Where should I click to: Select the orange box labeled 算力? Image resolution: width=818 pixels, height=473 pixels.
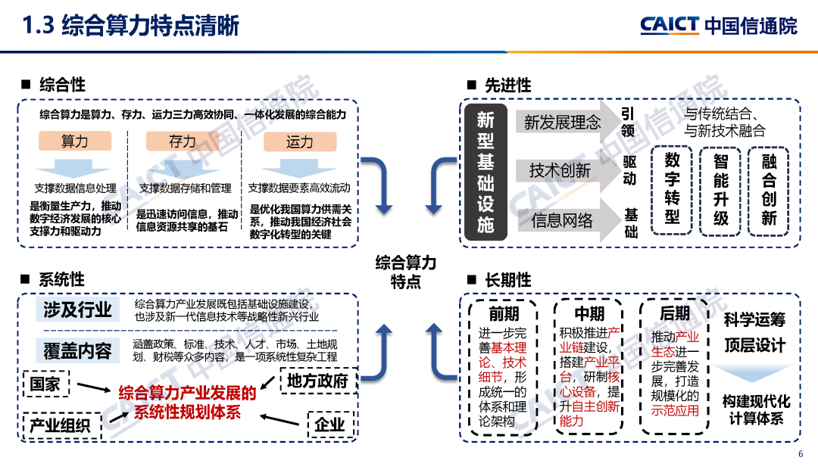pos(75,142)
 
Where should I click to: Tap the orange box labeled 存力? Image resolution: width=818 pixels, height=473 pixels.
pos(183,142)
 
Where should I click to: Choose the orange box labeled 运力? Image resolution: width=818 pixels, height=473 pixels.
pos(299,142)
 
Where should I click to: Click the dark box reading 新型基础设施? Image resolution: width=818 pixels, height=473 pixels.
pos(485,172)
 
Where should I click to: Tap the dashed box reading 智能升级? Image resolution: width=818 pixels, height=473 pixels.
pos(721,190)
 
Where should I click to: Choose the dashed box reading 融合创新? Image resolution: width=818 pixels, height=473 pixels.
pos(769,190)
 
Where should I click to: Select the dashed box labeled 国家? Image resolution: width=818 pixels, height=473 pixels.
pos(46,384)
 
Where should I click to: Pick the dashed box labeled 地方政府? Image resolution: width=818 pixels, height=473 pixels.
pos(317,381)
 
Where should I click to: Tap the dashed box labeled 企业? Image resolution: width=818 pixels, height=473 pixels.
pos(329,425)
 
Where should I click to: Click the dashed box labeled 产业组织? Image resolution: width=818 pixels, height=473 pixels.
pos(61,425)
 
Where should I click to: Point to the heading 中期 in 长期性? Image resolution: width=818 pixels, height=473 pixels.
pos(589,313)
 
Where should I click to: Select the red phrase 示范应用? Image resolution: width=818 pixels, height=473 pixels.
pos(675,412)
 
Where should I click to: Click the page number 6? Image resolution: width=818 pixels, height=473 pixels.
pos(801,454)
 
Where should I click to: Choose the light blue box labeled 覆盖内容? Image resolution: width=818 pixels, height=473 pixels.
pos(77,350)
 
